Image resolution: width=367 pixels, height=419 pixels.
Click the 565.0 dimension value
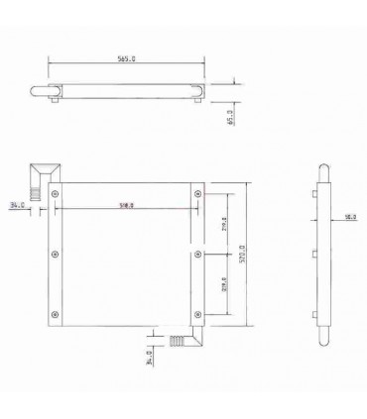(x=127, y=59)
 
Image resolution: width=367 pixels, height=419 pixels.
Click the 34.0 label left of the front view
(x=17, y=206)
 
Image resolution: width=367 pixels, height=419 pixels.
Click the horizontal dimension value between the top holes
(x=127, y=206)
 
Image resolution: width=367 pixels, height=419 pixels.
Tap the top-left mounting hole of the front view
(x=56, y=192)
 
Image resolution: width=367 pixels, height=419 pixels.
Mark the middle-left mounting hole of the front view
(x=56, y=255)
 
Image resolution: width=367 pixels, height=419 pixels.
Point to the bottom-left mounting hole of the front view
(x=56, y=319)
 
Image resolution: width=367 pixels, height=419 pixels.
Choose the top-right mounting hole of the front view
(x=198, y=192)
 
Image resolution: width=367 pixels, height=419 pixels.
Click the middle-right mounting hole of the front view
(x=198, y=255)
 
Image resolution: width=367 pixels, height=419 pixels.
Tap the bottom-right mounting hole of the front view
(x=198, y=319)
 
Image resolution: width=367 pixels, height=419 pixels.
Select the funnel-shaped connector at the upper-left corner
(x=41, y=174)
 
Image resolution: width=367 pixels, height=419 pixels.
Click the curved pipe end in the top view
(x=42, y=94)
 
